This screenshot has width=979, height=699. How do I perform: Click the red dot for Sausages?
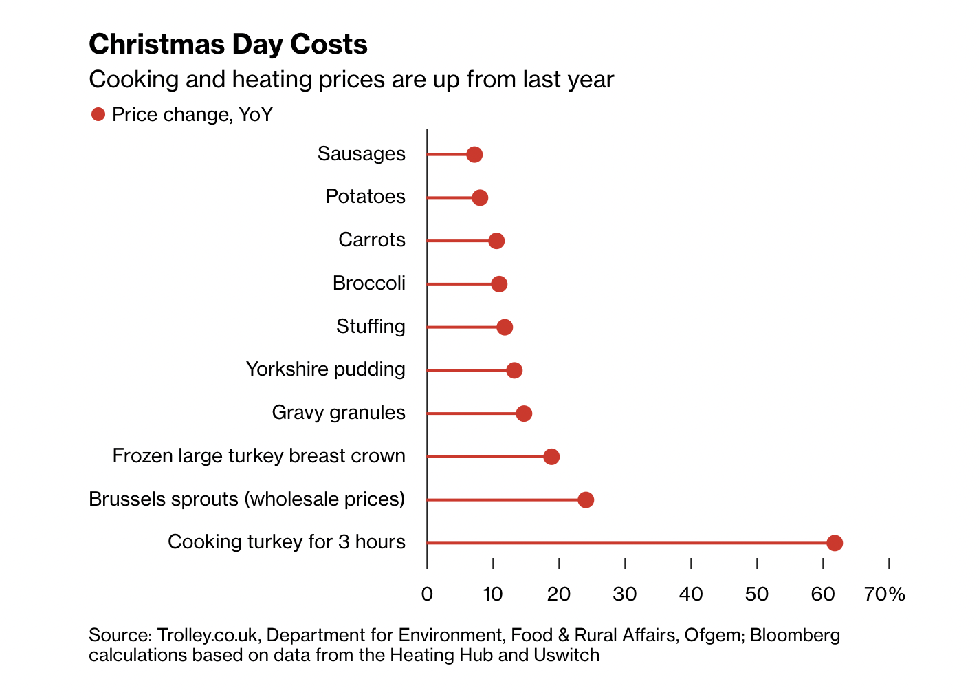click(x=474, y=155)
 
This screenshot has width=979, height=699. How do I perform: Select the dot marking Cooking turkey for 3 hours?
click(x=835, y=543)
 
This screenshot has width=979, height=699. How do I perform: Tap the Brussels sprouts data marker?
click(x=586, y=500)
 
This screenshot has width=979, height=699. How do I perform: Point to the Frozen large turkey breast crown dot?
click(x=551, y=457)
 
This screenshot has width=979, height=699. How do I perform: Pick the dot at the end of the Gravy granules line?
click(x=524, y=413)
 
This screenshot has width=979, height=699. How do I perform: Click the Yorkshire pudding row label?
click(x=326, y=369)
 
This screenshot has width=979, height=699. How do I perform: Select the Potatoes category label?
click(x=366, y=197)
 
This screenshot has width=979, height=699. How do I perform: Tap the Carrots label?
click(x=372, y=240)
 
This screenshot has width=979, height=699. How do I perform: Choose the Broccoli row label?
click(x=369, y=283)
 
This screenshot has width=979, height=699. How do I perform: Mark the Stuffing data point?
click(x=505, y=327)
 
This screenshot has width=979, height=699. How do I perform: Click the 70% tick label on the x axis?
click(x=885, y=594)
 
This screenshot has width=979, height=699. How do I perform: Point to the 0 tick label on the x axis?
click(x=427, y=594)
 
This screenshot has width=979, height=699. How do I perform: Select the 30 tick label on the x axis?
click(x=625, y=594)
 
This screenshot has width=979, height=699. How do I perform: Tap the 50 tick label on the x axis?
click(x=757, y=594)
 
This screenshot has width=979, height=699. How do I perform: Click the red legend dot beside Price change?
click(x=98, y=114)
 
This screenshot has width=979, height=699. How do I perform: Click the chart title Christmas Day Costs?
click(x=228, y=45)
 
